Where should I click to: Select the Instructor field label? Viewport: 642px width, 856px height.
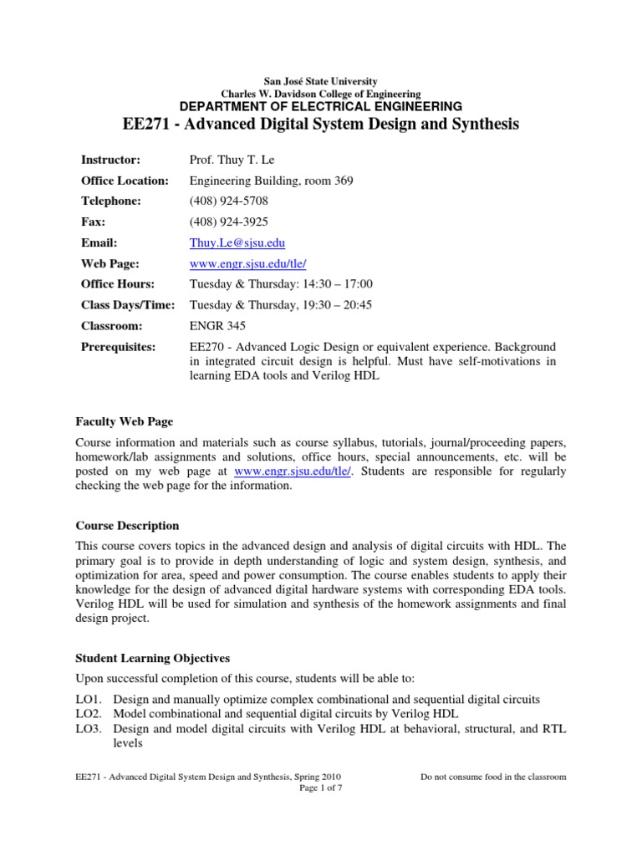coord(110,159)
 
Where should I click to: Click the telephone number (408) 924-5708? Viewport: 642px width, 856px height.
coord(228,201)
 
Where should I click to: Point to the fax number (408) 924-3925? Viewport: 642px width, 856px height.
coord(228,222)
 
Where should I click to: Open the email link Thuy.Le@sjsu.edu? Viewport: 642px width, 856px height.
coord(237,242)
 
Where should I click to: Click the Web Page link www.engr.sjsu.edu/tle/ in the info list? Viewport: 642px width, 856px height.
coord(249,263)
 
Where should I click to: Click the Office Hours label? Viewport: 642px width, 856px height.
coord(119,284)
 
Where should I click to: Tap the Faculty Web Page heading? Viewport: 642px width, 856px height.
coord(125,421)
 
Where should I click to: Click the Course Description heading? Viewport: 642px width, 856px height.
coord(127,526)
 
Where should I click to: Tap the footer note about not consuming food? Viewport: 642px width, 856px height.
coord(493,776)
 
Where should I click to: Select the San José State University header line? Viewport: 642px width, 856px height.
coord(321,81)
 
